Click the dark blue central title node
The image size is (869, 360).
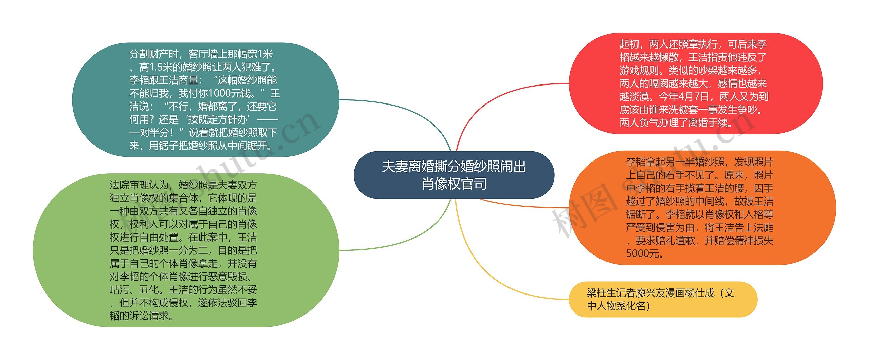point(454,175)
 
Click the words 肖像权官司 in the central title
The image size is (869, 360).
point(454,184)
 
